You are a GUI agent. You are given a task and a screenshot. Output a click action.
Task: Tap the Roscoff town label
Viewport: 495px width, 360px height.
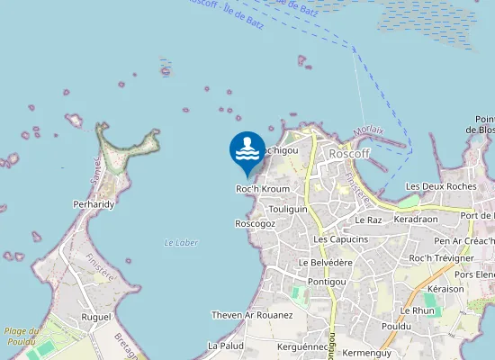tap(350, 154)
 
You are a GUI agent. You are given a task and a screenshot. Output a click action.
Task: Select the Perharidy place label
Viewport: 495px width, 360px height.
tap(94, 204)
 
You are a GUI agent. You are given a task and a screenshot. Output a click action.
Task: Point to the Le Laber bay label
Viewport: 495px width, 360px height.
tap(181, 243)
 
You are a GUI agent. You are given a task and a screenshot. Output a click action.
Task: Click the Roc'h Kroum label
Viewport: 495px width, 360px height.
tap(263, 189)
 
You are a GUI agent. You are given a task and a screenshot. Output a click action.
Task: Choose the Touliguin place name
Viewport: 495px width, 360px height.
tap(288, 208)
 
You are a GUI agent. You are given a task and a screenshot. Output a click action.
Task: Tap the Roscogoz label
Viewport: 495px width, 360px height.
tap(255, 223)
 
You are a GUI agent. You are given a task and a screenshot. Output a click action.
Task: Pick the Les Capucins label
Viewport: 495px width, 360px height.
tap(340, 239)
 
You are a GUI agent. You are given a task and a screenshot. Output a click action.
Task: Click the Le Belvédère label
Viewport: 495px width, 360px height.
tap(325, 262)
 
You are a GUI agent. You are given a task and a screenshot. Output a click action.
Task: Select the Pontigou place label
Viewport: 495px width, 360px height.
tap(327, 282)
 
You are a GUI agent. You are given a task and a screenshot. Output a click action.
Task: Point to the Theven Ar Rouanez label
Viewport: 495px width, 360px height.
tap(252, 315)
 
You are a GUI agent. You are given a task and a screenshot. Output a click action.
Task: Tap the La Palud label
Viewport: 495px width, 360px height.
tap(226, 346)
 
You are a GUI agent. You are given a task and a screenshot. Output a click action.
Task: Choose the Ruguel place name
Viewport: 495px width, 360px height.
tap(95, 317)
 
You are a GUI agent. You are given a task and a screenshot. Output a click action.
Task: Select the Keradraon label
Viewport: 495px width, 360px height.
tap(415, 219)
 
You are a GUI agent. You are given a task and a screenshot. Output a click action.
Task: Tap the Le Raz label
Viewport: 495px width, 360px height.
tap(369, 220)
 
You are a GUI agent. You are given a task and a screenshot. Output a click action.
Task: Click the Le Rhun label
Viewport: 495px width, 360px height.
tap(417, 310)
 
